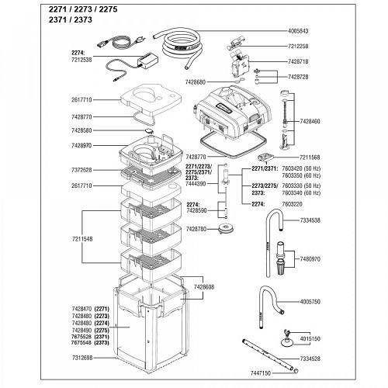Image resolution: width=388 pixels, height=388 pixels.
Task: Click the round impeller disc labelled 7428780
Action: click(227, 226)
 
